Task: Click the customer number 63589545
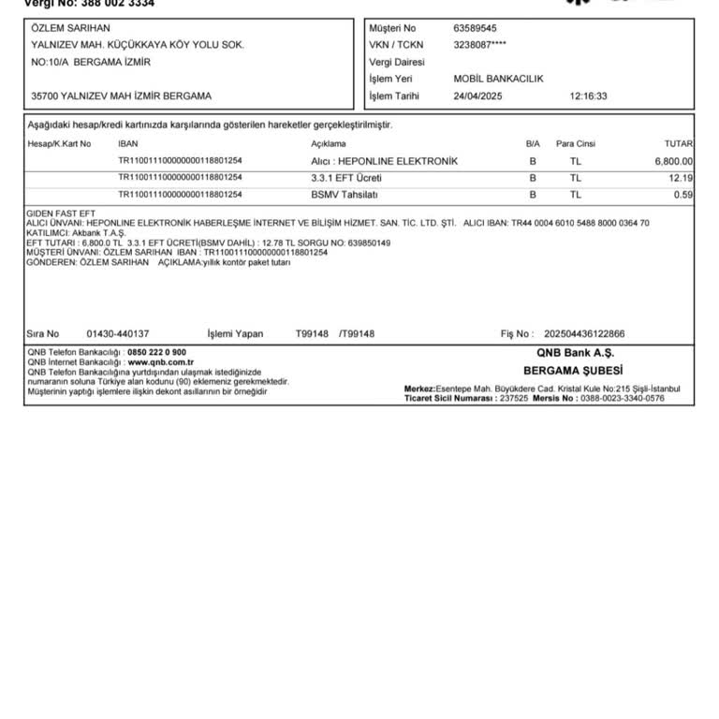coord(475,28)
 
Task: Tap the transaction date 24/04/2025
coord(478,95)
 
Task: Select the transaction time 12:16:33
coord(588,95)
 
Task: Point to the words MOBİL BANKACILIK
coord(498,79)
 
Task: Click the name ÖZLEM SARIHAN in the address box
coord(70,28)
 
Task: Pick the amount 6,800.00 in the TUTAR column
coord(673,161)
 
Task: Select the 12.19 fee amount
coord(681,178)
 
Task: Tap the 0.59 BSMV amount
coord(682,195)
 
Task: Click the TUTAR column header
coord(678,144)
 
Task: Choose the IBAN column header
coord(128,144)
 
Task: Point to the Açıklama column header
coord(329,144)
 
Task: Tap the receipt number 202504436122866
coord(584,333)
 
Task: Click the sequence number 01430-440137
coord(118,333)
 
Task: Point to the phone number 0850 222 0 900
coord(156,352)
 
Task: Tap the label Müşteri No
coord(392,28)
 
